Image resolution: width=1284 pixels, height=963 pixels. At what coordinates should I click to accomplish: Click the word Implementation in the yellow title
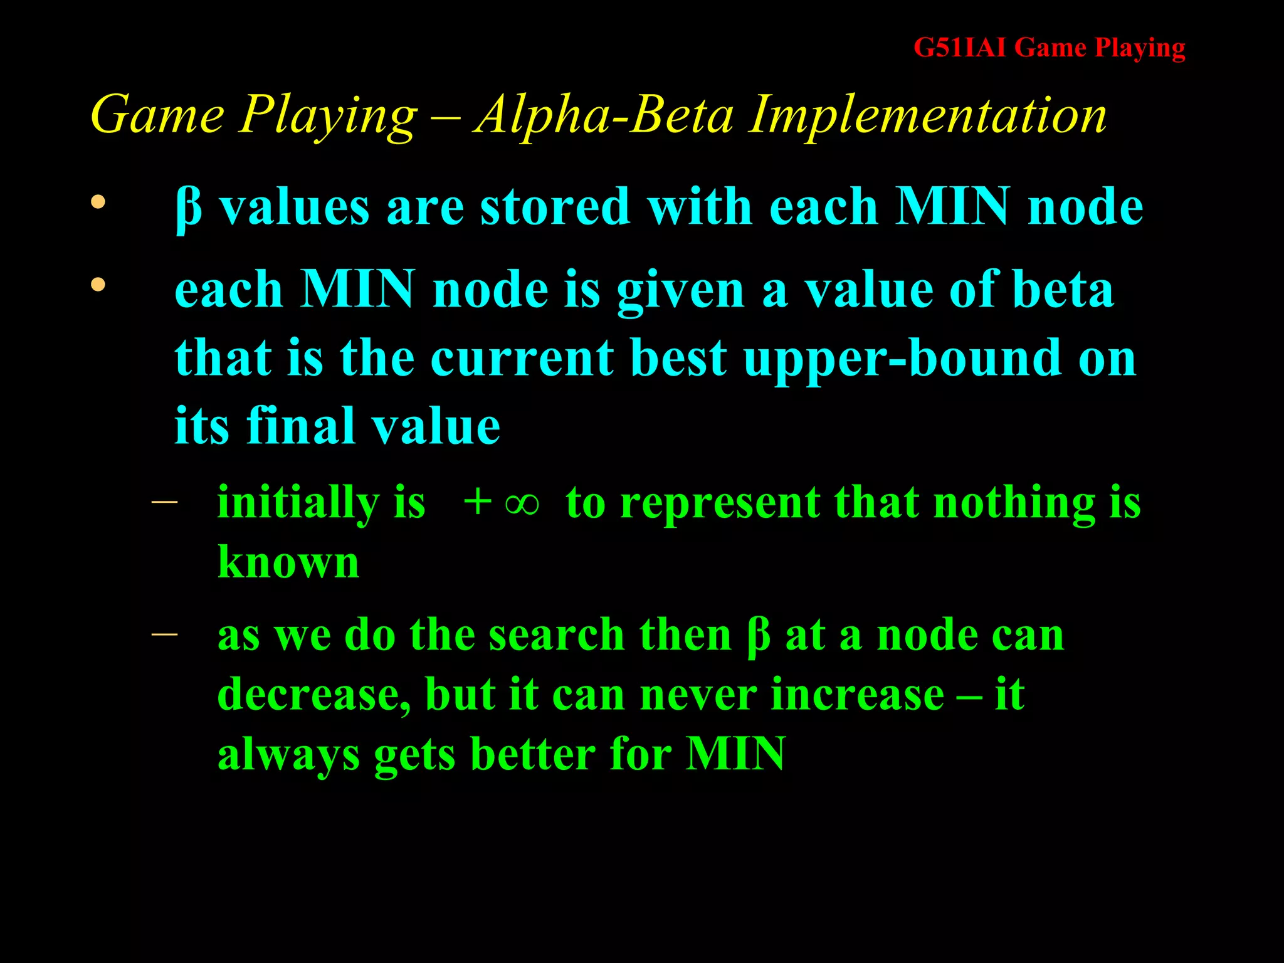point(928,115)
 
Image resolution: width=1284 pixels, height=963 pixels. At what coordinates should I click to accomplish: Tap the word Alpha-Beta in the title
point(603,115)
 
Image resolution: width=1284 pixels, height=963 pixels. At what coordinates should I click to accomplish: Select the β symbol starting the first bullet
point(189,209)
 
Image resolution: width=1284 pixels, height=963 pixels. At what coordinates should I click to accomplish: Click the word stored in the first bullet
point(555,207)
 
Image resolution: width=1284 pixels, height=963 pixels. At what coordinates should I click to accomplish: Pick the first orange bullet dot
point(98,203)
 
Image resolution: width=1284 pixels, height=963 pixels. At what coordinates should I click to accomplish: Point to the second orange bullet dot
point(98,285)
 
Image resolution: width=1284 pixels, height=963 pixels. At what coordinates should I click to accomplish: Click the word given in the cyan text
point(680,291)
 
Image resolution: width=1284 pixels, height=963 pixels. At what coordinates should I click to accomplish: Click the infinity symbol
point(522,503)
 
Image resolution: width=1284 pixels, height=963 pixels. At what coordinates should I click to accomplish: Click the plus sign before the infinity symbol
point(476,503)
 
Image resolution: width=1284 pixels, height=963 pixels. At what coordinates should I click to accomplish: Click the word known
point(288,562)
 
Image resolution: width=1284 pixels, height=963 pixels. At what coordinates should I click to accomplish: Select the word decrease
point(313,695)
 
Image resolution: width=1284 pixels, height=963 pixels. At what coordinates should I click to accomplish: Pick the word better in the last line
point(532,754)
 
